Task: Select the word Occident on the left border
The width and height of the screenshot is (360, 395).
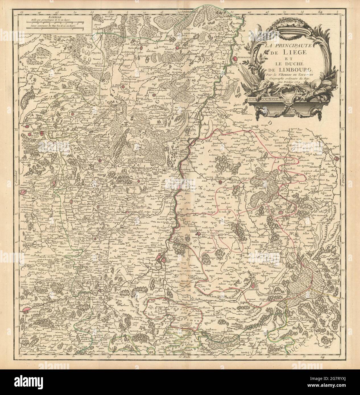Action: (x=17, y=177)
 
